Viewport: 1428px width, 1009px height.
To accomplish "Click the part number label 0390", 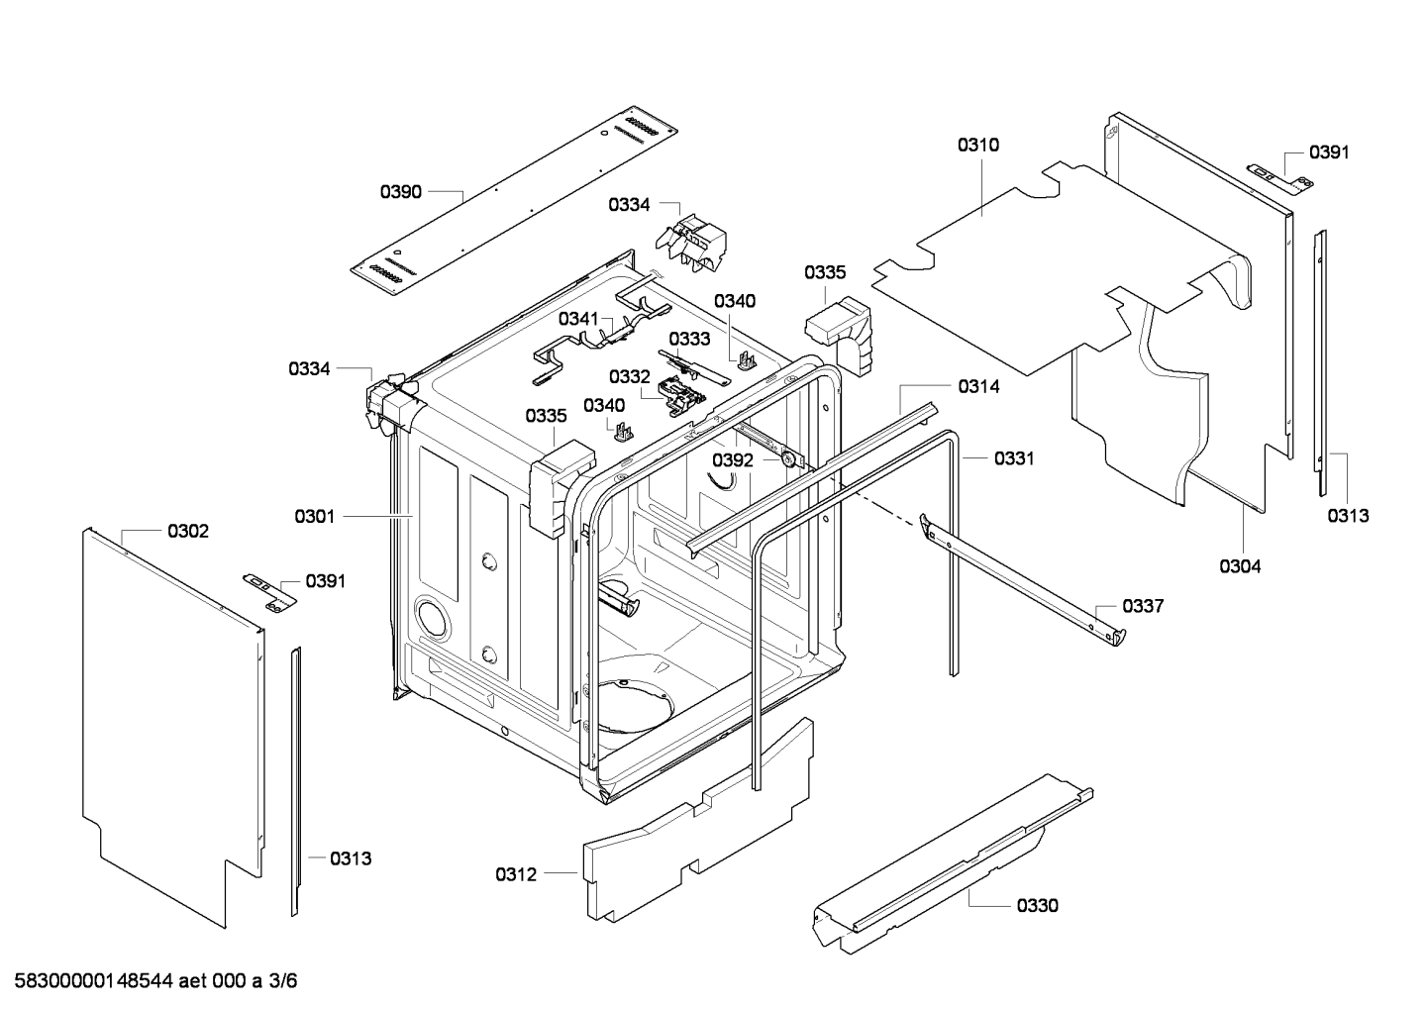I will click(x=401, y=191).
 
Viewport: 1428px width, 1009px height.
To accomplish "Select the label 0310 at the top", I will click(x=977, y=146).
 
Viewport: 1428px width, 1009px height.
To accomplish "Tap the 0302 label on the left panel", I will click(x=188, y=532).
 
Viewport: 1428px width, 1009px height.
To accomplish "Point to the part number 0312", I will click(x=516, y=874).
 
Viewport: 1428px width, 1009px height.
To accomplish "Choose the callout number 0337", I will click(x=1143, y=606).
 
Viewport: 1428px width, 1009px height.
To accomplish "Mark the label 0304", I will click(x=1240, y=566).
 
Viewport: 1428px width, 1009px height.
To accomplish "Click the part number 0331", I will click(x=1014, y=458).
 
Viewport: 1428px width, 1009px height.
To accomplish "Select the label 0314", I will click(x=978, y=387).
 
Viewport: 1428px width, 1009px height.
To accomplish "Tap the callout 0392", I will click(x=733, y=460).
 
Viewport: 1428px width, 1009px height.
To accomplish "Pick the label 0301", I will click(x=315, y=516).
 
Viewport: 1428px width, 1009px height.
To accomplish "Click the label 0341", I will click(x=578, y=318).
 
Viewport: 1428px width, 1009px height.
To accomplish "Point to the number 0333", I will click(x=689, y=339).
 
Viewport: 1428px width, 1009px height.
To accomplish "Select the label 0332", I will click(x=630, y=376).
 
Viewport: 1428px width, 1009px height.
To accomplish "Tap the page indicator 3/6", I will click(x=283, y=981).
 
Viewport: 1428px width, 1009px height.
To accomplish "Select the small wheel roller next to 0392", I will click(x=789, y=458).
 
